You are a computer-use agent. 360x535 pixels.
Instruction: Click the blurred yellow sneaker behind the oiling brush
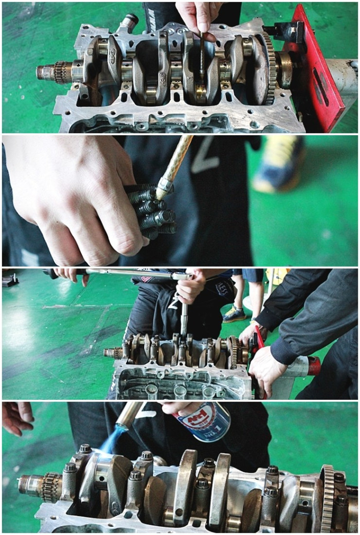coord(278,164)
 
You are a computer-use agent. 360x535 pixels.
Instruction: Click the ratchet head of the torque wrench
coord(183,276)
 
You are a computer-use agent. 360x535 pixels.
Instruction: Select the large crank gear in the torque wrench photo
coord(234,353)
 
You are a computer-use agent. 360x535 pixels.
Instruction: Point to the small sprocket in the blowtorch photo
coord(51,488)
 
